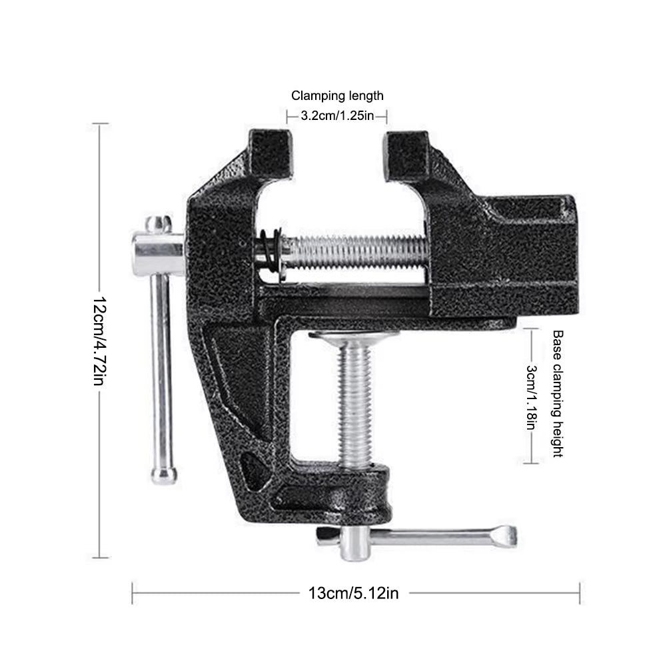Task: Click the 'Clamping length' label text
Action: tap(338, 96)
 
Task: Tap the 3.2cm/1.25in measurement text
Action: tap(336, 116)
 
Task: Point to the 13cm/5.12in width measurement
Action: tap(353, 592)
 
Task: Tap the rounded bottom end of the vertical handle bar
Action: tap(163, 474)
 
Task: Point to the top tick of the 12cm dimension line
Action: tap(99, 124)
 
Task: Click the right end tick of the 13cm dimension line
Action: tap(580, 592)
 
